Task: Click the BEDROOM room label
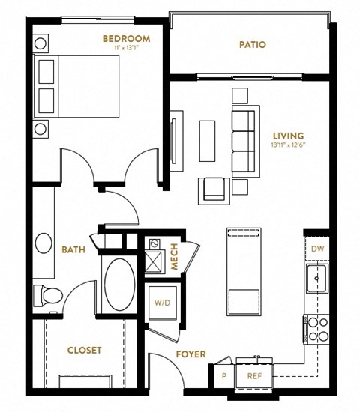click(x=127, y=38)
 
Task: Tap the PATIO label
click(x=253, y=45)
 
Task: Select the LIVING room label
click(x=289, y=136)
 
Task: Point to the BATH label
click(x=72, y=250)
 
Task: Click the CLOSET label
click(x=85, y=350)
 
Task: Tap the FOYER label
click(x=190, y=354)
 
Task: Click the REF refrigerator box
click(x=254, y=377)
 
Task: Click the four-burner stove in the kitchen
click(x=315, y=327)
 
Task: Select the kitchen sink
click(x=317, y=279)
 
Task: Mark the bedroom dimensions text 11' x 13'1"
click(x=127, y=47)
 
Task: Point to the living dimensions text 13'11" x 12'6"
click(x=289, y=146)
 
